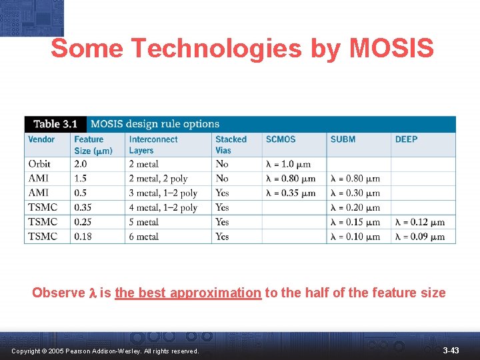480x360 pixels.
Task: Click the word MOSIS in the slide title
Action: tap(392, 49)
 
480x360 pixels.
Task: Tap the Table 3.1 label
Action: tap(55, 124)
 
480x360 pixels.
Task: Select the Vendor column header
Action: tap(41, 139)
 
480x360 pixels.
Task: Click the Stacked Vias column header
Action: tap(231, 145)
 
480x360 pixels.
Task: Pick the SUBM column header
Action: tap(343, 139)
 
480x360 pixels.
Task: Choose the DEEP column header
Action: tap(406, 139)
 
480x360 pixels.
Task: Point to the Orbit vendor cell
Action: tap(39, 164)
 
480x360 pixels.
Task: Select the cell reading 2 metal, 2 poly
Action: tap(158, 179)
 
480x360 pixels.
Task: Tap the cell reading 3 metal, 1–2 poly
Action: tap(163, 193)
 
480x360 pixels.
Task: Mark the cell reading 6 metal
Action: tap(143, 237)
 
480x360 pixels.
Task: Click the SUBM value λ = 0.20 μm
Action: tap(355, 207)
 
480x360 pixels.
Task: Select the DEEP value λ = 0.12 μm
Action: tap(420, 222)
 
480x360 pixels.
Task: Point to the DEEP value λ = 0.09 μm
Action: tap(420, 237)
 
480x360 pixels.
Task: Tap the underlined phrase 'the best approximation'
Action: tap(188, 293)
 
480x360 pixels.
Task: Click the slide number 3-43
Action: tap(451, 350)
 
